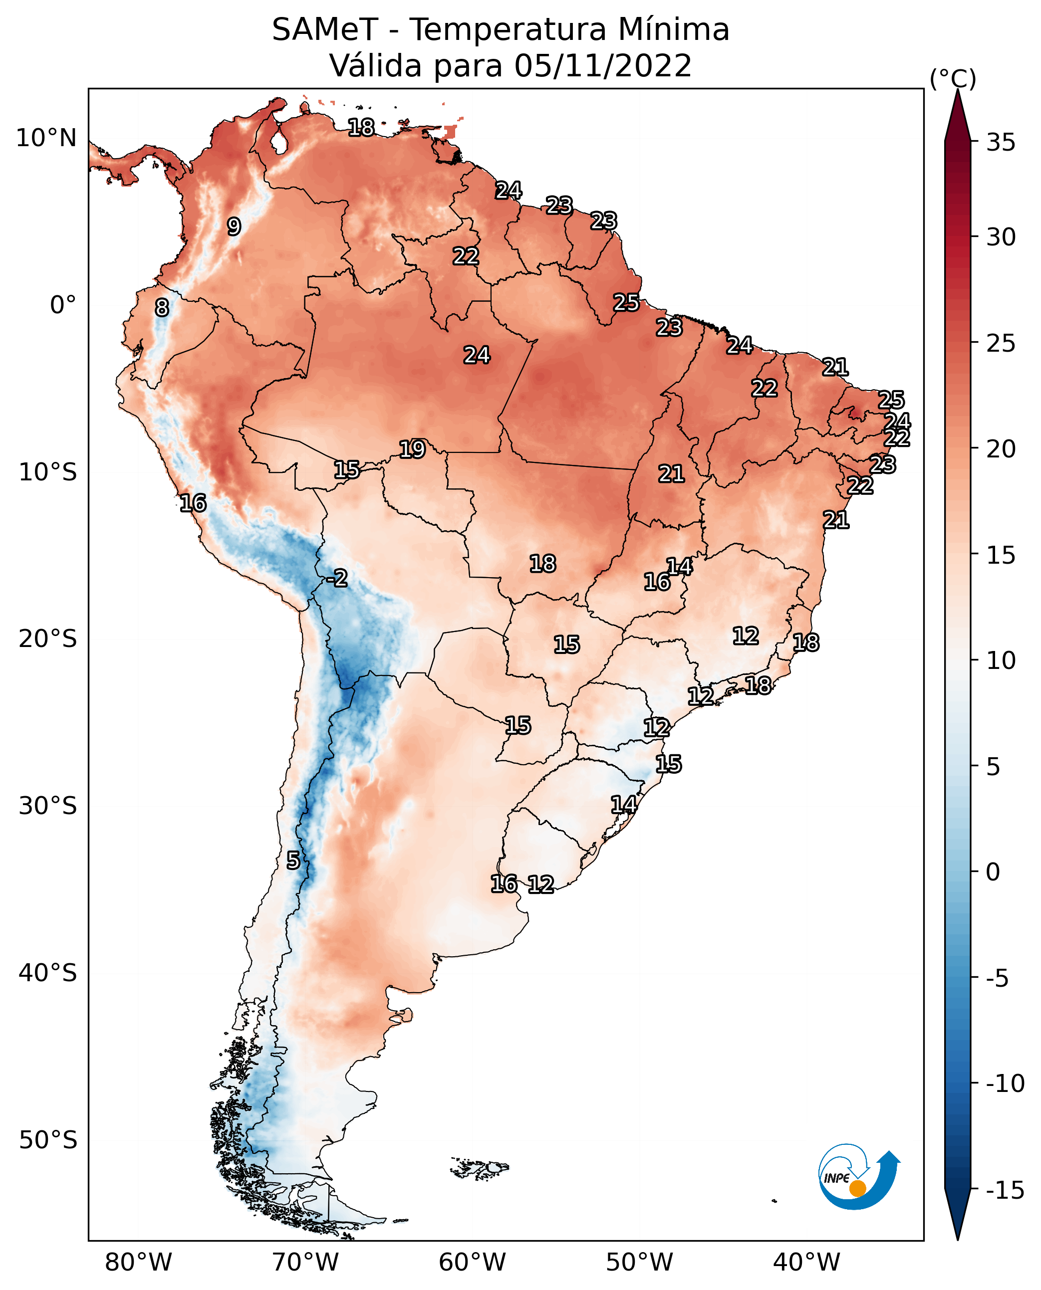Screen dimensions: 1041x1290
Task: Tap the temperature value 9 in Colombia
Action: [234, 226]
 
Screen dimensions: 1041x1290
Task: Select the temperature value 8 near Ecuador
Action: [162, 307]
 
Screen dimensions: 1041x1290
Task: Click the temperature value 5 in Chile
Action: [292, 860]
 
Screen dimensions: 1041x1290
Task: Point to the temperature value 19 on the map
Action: [413, 449]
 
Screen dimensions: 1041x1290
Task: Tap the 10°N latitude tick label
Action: [46, 139]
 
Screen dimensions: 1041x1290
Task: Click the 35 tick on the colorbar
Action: [1001, 143]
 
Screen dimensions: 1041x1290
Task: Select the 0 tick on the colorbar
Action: [994, 871]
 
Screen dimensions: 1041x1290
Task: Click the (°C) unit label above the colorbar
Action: [953, 78]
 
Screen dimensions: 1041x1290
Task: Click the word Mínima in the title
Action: [674, 29]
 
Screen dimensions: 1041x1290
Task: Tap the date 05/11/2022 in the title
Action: [603, 65]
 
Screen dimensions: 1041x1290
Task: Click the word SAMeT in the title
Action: [325, 29]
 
